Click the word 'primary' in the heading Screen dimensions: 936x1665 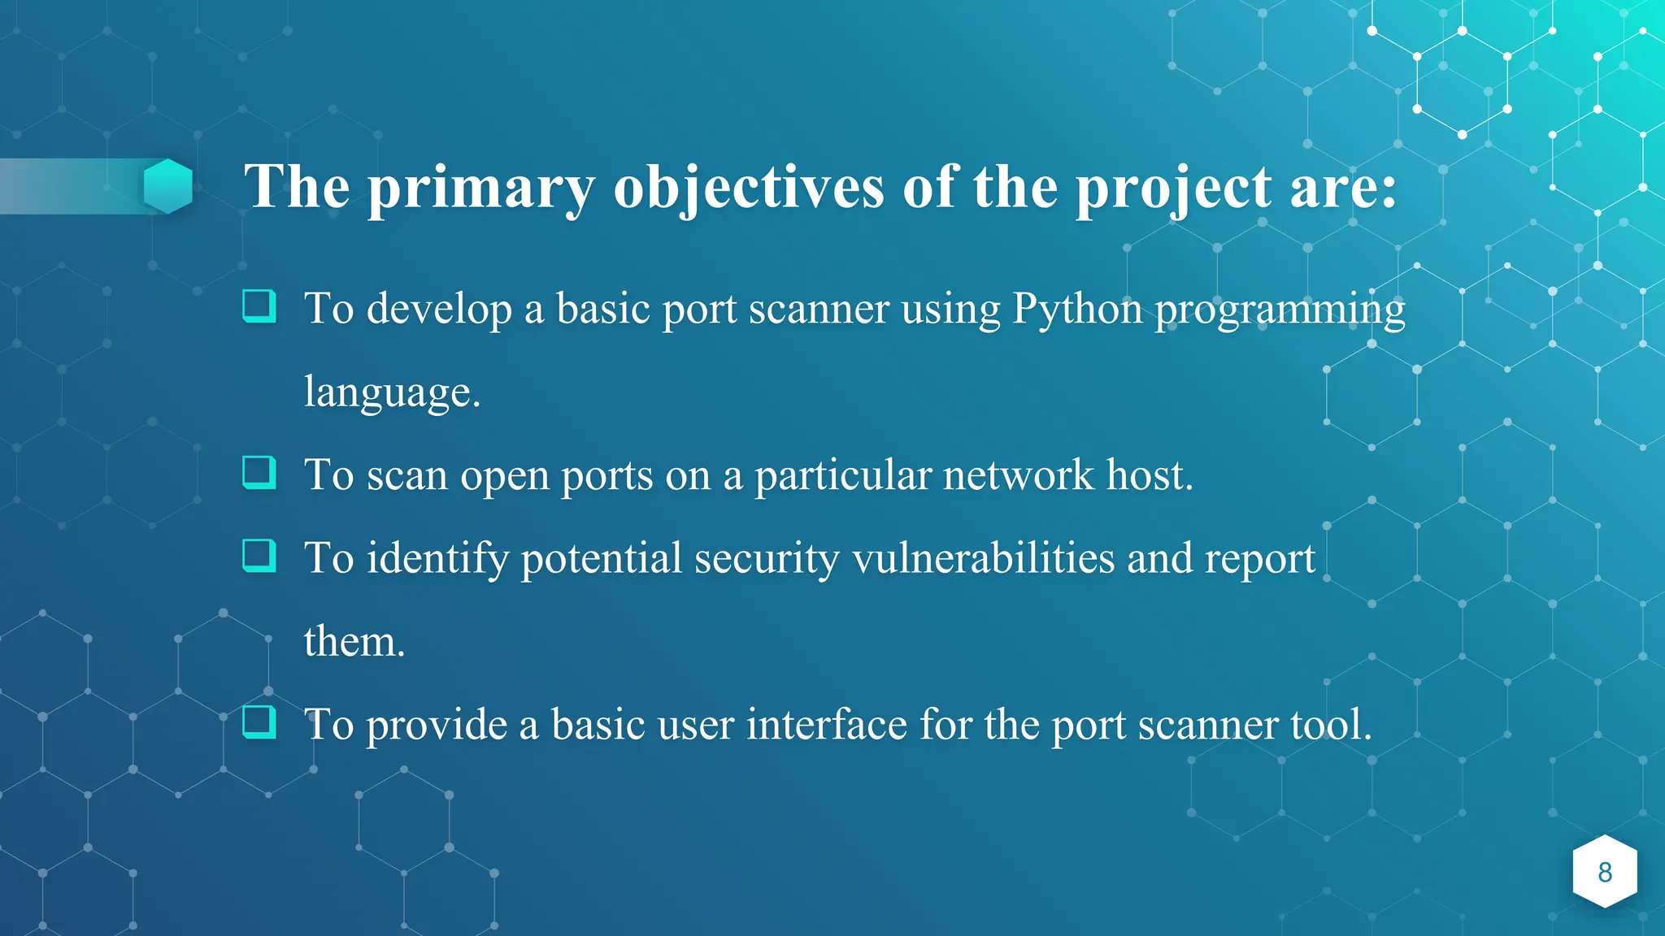click(x=481, y=188)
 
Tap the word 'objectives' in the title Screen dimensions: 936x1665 click(x=748, y=188)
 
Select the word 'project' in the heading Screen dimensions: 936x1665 click(x=1173, y=188)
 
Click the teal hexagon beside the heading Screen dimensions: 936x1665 click(x=168, y=186)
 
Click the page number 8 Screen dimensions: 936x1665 click(x=1604, y=872)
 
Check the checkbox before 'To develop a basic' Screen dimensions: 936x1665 click(x=259, y=306)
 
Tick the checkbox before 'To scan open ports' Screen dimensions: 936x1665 click(x=259, y=472)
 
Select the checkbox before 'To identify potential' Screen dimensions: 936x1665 click(x=259, y=556)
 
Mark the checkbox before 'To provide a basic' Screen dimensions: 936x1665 click(x=259, y=721)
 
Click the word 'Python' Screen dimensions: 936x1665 click(x=1077, y=310)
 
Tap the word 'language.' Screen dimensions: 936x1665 click(x=392, y=393)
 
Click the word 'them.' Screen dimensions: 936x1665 click(x=354, y=642)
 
